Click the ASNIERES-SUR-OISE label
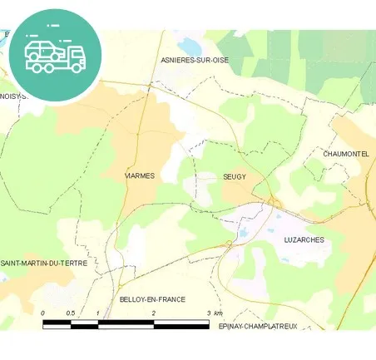[194, 60]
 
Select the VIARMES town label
[139, 176]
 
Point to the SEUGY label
[235, 176]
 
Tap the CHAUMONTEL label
[345, 154]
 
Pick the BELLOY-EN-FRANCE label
[152, 298]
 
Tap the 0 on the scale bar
[42, 313]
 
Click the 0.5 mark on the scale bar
[71, 313]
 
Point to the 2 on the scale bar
[154, 313]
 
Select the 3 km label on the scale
[213, 313]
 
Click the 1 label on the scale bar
[98, 313]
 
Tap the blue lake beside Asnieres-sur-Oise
[190, 44]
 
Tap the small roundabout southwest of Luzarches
[229, 243]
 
